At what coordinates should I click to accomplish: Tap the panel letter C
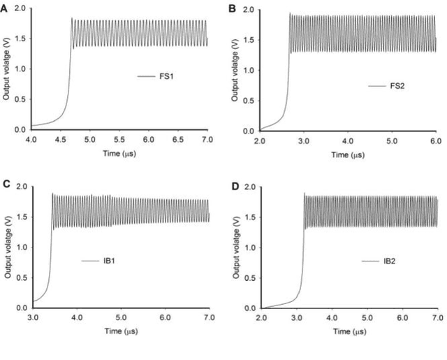tap(5, 184)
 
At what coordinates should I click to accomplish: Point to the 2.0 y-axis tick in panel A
tap(21, 8)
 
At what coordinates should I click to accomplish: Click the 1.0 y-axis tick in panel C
tap(21, 247)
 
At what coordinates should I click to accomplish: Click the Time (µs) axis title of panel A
tap(119, 152)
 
